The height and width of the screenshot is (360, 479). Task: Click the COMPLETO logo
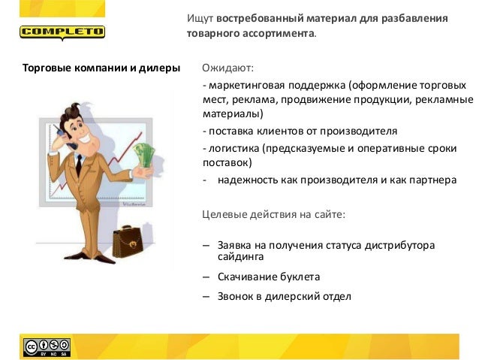[62, 33]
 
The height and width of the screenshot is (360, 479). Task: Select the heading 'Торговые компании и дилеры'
[101, 69]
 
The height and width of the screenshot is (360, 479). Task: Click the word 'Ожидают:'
[228, 69]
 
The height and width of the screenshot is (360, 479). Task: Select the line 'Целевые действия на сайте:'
[274, 215]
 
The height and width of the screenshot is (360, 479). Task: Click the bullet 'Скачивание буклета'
[269, 276]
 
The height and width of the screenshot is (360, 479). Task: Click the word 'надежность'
[248, 180]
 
